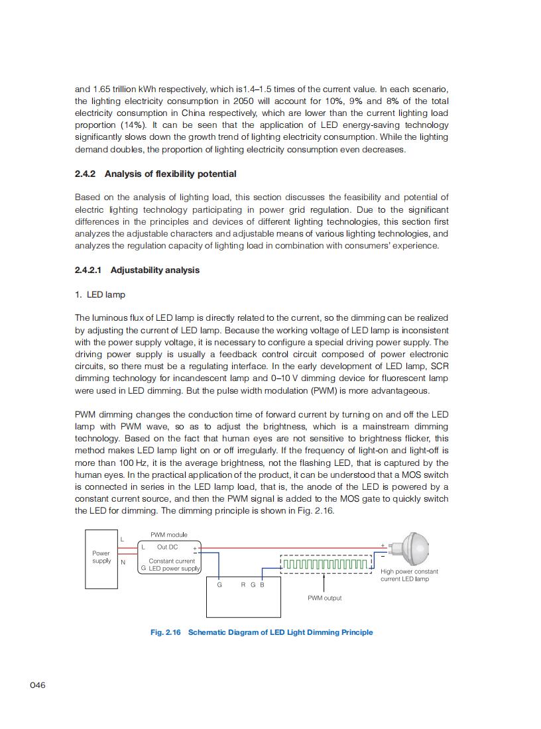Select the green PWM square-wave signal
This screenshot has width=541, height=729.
pos(325,565)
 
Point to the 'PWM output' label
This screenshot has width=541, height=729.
pos(325,598)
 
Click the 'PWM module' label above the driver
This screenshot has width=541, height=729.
pos(169,535)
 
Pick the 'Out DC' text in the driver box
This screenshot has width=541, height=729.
pos(167,547)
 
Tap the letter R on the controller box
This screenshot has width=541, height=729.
pos(243,585)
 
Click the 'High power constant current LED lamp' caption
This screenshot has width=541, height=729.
pos(409,575)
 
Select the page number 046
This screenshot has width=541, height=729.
pos(38,685)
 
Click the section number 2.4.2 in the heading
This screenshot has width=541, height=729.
pos(86,174)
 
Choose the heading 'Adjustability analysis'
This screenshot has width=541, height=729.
pos(155,270)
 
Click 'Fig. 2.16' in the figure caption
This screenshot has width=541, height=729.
pos(166,632)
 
